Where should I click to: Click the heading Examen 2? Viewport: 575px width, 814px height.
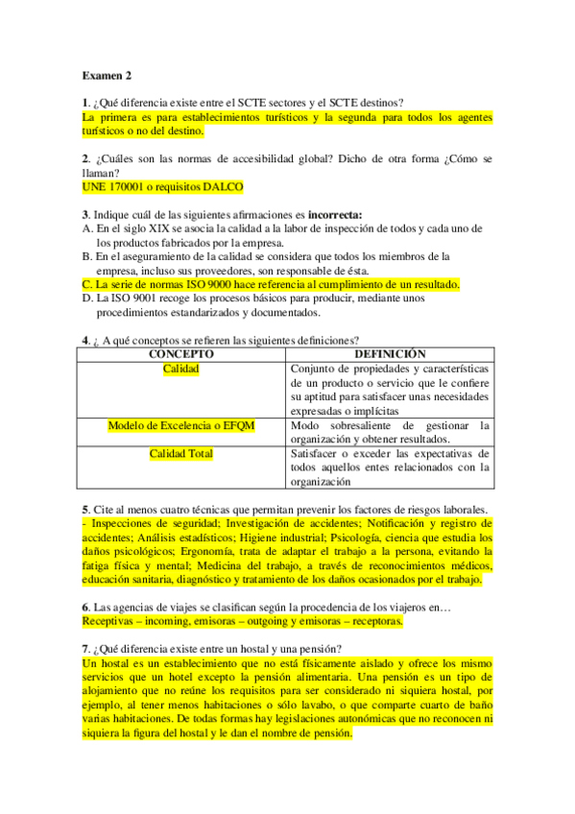coord(107,75)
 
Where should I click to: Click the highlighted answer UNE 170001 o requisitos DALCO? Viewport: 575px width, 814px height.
coord(163,186)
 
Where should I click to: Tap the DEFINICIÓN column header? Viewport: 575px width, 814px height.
coord(389,354)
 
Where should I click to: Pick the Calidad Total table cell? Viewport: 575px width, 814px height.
coord(180,454)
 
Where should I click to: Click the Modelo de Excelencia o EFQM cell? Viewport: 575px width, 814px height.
coord(180,425)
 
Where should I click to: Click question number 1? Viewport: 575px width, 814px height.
coord(86,104)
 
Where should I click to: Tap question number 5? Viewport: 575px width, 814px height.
coord(86,509)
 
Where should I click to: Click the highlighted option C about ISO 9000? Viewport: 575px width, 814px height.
coord(272,284)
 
